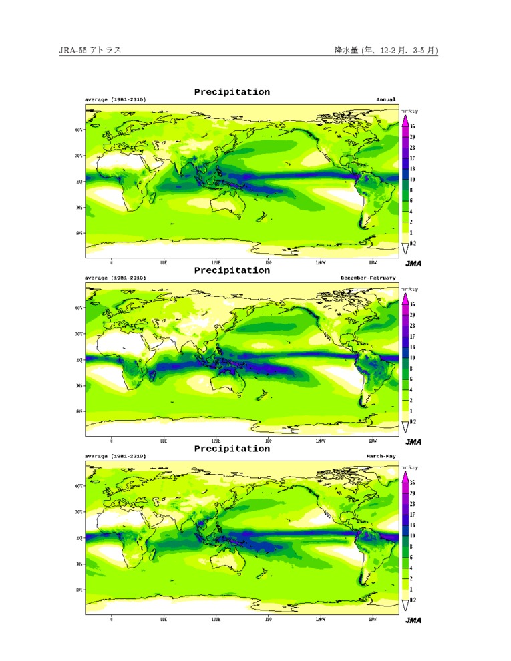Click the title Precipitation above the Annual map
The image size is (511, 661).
[x=232, y=92]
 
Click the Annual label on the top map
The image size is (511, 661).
[x=385, y=99]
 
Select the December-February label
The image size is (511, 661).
[x=368, y=278]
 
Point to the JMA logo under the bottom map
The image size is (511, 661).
[x=413, y=620]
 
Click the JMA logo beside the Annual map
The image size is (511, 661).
[x=413, y=263]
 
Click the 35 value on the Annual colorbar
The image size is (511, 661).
[x=413, y=126]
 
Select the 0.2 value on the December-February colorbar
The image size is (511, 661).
[x=413, y=422]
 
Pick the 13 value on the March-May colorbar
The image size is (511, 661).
[x=413, y=525]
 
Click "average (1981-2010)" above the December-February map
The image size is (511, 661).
[x=115, y=278]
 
